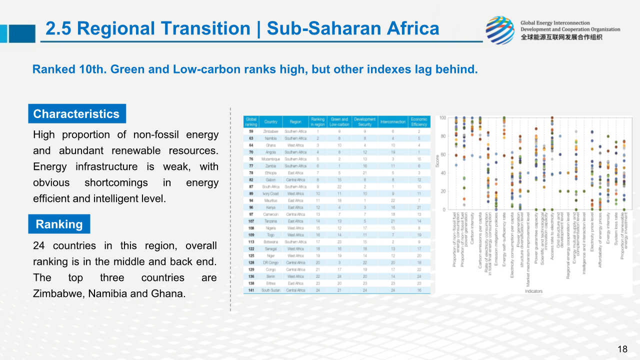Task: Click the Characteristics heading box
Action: (x=76, y=114)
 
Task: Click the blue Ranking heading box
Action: (x=59, y=224)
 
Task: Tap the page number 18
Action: (x=622, y=349)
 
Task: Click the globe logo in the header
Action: (x=500, y=30)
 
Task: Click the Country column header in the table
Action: (x=270, y=121)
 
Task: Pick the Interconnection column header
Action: (x=392, y=121)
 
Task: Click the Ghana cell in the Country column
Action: (x=270, y=145)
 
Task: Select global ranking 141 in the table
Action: (x=251, y=290)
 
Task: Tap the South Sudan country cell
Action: (x=270, y=290)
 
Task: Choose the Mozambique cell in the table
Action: (x=270, y=159)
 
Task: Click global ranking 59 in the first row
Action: (x=251, y=131)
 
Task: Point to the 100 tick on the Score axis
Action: (x=442, y=118)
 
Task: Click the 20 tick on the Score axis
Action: (x=443, y=191)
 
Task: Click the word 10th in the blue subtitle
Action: (x=92, y=69)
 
